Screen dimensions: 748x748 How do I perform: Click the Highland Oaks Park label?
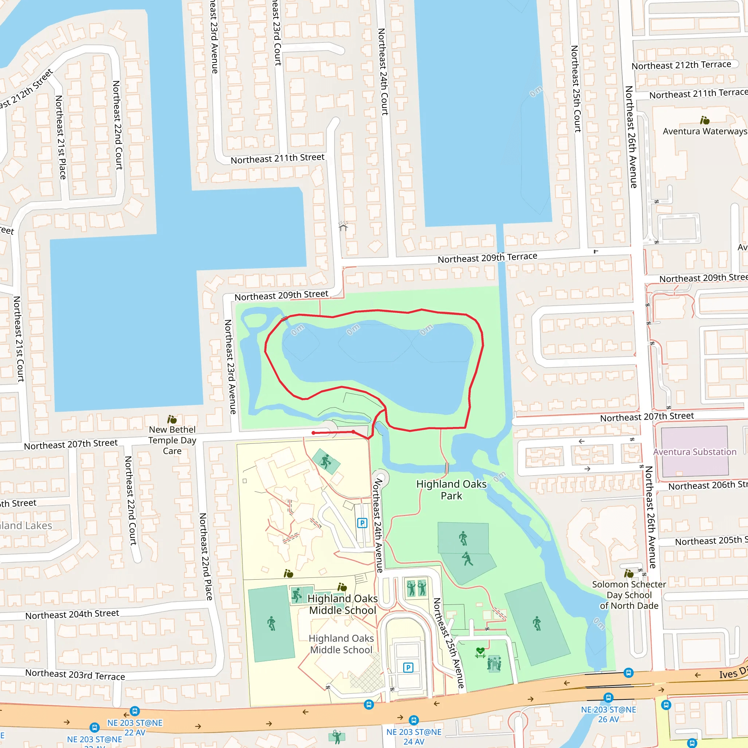[451, 490]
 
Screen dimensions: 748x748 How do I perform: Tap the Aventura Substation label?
[695, 452]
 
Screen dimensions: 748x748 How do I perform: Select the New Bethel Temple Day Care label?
[172, 440]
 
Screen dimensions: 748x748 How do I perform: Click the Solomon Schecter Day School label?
[629, 595]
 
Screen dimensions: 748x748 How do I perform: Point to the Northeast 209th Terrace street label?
[487, 258]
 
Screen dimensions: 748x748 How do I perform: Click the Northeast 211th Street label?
[277, 159]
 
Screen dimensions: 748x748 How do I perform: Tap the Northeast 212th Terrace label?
[682, 65]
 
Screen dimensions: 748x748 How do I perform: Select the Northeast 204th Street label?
[72, 614]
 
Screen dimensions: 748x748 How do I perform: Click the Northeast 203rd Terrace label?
[75, 675]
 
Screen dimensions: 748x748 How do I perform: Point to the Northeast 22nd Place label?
[206, 556]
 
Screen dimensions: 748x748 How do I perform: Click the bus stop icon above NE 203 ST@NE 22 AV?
[135, 711]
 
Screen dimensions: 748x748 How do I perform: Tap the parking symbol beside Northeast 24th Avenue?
[362, 523]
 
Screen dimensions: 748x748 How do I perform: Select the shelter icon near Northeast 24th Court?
[343, 226]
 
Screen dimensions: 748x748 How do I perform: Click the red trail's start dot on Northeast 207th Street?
[313, 433]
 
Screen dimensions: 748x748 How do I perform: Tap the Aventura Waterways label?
[705, 131]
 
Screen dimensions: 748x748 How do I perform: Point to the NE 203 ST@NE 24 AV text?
[413, 736]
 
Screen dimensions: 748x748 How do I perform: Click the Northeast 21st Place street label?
[60, 137]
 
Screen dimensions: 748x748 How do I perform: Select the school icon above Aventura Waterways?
[705, 121]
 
